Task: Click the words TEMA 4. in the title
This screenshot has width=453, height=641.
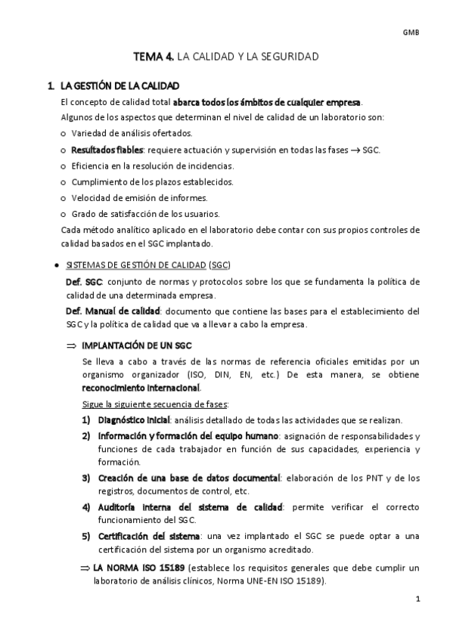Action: tap(154, 57)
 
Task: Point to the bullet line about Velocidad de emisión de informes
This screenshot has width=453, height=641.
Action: tap(139, 197)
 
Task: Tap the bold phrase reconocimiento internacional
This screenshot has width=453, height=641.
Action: tap(141, 388)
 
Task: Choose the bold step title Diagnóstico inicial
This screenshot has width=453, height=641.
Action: tap(133, 420)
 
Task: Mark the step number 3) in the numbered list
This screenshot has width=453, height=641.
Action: tap(87, 478)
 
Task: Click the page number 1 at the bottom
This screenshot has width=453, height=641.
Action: tap(417, 599)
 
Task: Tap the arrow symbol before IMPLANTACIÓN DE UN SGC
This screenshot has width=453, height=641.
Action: tap(72, 345)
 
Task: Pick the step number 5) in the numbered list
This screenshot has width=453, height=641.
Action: tap(87, 536)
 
